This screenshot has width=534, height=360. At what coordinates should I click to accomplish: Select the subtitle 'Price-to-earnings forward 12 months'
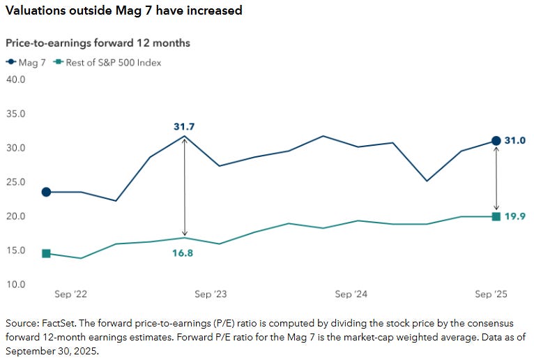coord(98,43)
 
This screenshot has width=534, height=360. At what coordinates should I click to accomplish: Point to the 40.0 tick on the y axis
coord(15,79)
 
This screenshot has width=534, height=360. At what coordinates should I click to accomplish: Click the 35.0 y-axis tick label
coord(15,114)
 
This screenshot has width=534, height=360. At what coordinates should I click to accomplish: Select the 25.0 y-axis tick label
coord(15,182)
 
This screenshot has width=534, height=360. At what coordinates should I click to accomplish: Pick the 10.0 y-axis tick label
coord(15,285)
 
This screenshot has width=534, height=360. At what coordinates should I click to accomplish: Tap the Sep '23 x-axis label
coord(211,294)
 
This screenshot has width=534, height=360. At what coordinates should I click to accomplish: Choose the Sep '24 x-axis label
coord(351,294)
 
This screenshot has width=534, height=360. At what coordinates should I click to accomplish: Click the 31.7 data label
coord(184,126)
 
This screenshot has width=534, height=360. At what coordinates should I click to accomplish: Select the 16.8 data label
coord(182,253)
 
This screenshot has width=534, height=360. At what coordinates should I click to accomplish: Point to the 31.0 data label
coord(515,141)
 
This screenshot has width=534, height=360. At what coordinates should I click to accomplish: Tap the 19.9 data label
coord(515,216)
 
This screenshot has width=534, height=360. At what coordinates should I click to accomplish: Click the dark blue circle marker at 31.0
coord(496,141)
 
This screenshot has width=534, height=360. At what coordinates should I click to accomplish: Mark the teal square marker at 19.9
coord(496,216)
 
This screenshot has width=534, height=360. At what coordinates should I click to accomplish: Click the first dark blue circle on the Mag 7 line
coord(46,192)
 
